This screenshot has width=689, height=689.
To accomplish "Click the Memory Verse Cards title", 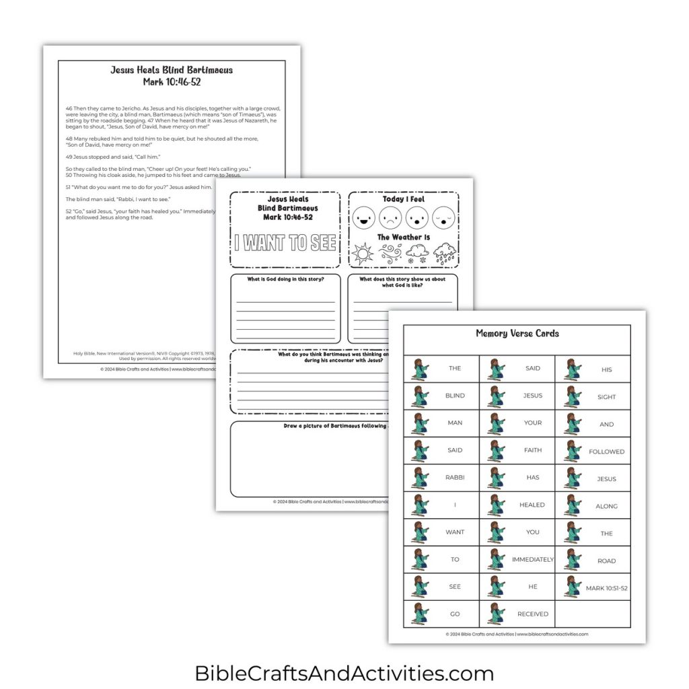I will tap(517, 333).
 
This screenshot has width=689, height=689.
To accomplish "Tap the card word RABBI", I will tap(455, 478).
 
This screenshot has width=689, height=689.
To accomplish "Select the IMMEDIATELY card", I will tap(532, 559).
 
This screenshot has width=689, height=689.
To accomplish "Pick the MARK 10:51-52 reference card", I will tap(606, 588).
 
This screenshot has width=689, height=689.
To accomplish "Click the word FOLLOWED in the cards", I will tap(606, 451).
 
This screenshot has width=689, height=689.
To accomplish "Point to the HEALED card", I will tap(532, 505).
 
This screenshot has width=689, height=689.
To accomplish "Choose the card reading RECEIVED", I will tap(532, 614).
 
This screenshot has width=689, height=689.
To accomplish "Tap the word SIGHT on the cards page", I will tap(606, 397).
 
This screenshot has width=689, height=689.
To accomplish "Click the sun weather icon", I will tap(363, 254).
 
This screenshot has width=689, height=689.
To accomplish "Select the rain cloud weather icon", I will tap(445, 254).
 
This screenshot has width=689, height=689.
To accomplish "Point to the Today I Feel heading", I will tap(404, 199).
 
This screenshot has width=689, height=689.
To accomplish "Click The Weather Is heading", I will tap(404, 237).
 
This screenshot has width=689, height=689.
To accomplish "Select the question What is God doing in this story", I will tap(287, 279).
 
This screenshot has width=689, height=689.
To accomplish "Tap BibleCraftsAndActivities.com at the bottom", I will tap(344, 673).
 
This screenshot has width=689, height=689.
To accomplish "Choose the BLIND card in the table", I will tap(455, 396).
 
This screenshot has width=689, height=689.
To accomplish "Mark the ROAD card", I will tap(606, 560).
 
